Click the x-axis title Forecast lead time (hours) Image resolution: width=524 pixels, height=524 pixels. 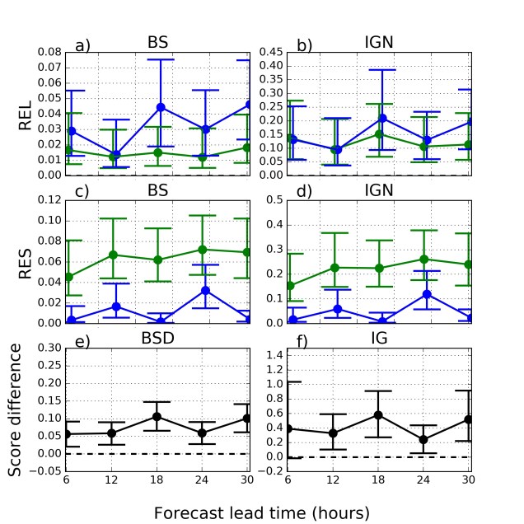(260, 512)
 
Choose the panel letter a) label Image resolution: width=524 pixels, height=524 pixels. (82, 45)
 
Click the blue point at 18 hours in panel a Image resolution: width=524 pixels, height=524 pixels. (161, 107)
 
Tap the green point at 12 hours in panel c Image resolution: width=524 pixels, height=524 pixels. (115, 255)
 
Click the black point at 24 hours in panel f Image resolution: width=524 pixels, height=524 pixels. (424, 439)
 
